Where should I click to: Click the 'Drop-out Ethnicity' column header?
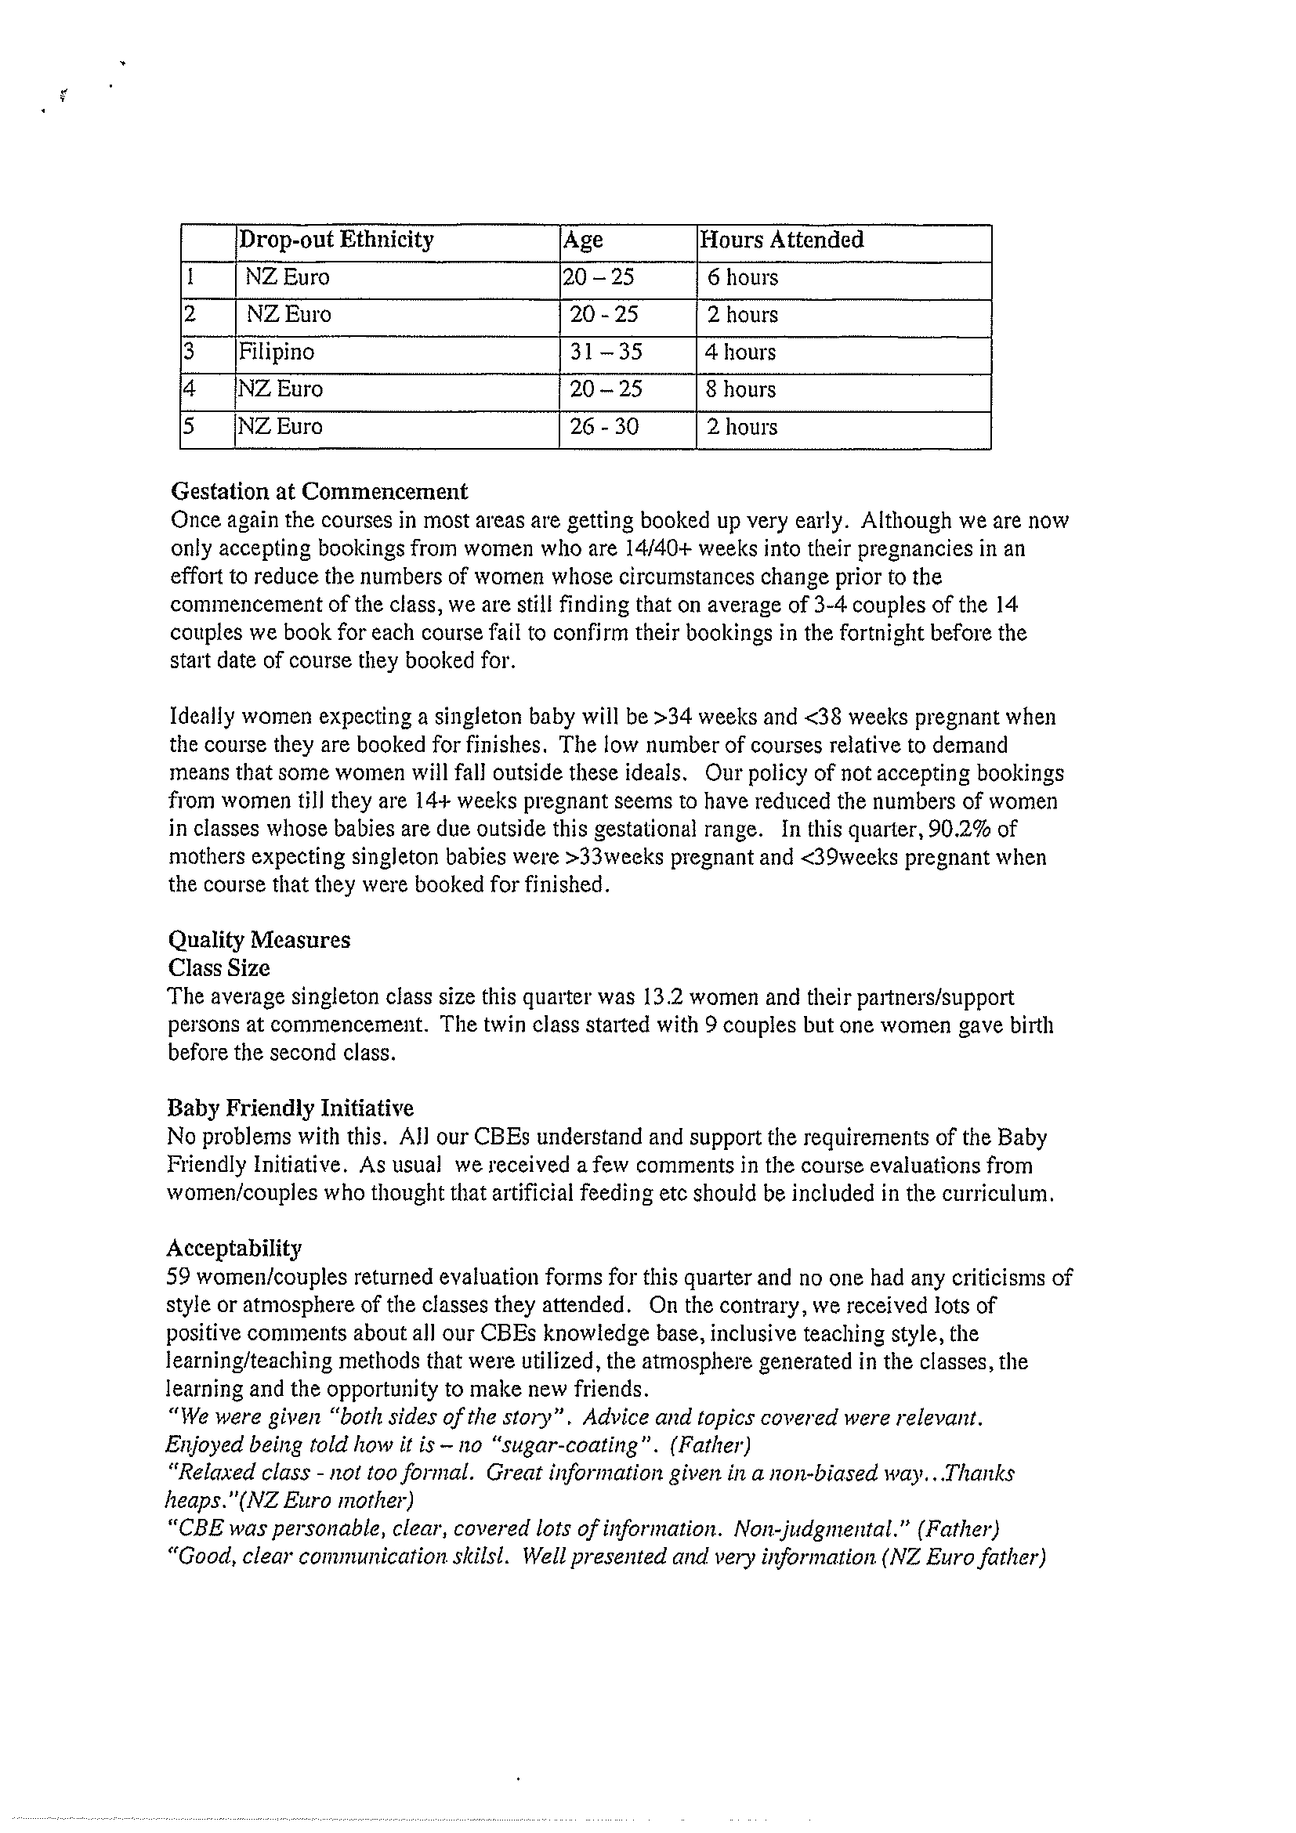(336, 240)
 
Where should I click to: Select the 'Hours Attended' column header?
(781, 240)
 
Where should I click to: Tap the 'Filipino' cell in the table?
(277, 352)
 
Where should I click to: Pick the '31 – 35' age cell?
(605, 352)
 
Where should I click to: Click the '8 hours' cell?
(740, 389)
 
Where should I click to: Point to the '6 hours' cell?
(743, 278)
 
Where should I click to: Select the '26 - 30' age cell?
(603, 427)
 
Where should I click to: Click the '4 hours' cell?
(740, 352)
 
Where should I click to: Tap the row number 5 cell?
(189, 426)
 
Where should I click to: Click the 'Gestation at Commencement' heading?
(320, 491)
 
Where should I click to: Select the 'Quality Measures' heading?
(259, 940)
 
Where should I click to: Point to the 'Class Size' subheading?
(219, 968)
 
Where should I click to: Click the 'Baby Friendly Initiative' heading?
(290, 1108)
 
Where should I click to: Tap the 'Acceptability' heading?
(234, 1248)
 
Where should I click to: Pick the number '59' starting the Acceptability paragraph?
(177, 1277)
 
